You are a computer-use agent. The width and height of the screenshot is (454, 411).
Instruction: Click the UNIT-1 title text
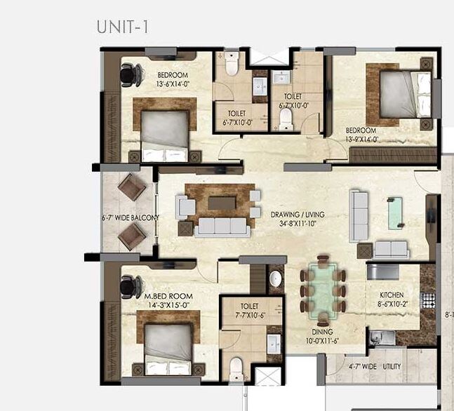tap(121, 27)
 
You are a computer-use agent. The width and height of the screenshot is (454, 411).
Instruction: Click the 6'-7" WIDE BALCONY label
tap(131, 218)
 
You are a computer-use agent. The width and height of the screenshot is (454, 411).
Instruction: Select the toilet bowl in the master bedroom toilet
tap(236, 365)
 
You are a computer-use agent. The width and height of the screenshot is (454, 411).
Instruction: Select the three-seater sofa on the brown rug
tap(221, 226)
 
